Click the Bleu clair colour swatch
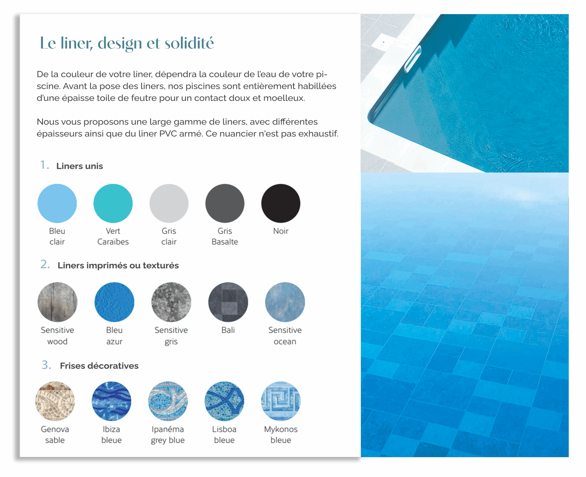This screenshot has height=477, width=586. (57, 203)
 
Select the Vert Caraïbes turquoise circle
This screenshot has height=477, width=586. (113, 203)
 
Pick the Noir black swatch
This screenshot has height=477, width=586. (281, 203)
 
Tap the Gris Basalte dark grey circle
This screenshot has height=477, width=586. (225, 203)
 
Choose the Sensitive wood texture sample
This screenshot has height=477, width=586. (57, 302)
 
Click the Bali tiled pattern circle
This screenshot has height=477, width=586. (228, 302)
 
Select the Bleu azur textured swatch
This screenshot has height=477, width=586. (114, 302)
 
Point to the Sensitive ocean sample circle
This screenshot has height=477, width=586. (285, 302)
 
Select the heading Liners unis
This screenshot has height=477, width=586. (80, 166)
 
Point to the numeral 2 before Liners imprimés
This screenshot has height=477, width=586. (44, 264)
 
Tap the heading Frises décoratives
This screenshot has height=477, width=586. (99, 366)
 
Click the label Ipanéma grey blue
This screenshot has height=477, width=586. (168, 434)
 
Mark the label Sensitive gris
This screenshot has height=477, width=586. (171, 336)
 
